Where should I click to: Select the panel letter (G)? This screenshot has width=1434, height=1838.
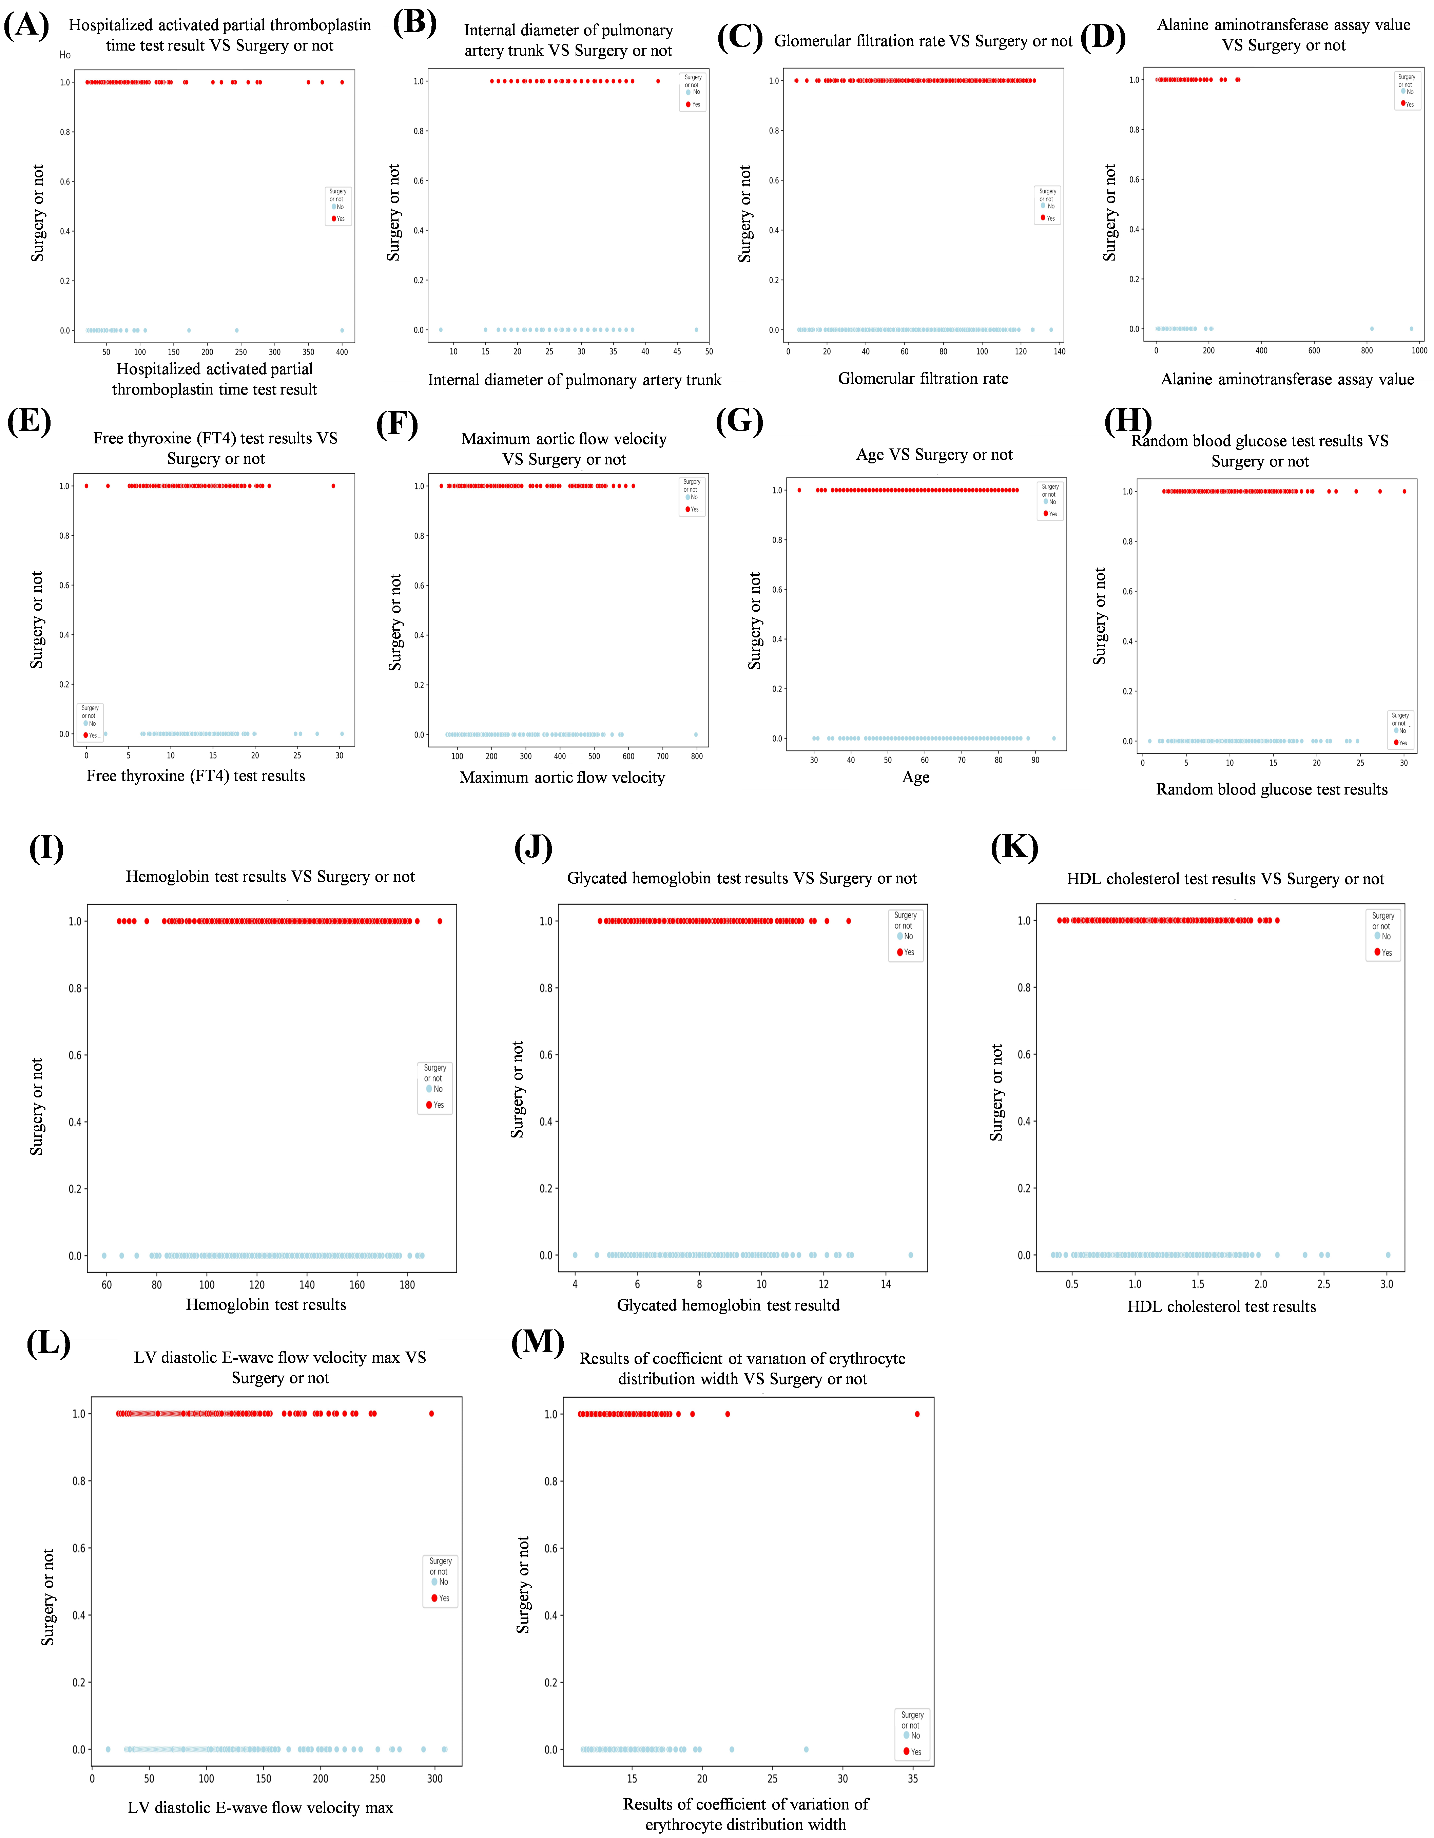click(739, 421)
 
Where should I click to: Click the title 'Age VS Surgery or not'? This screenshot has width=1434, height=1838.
click(934, 455)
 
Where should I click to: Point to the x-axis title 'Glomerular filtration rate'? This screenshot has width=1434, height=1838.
click(923, 379)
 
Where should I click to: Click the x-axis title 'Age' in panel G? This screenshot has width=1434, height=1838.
click(916, 777)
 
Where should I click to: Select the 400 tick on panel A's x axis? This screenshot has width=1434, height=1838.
click(342, 352)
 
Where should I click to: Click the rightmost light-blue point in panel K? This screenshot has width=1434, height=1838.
click(1388, 1255)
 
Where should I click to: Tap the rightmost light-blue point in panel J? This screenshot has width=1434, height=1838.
click(911, 1255)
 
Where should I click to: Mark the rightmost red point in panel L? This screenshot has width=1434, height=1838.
click(432, 1414)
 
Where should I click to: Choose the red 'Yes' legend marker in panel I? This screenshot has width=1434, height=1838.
click(429, 1105)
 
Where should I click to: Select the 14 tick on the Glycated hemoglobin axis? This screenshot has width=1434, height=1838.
click(885, 1284)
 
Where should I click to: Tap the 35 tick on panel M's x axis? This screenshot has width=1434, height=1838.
click(913, 1778)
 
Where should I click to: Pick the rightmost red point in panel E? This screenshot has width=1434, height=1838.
click(333, 485)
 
